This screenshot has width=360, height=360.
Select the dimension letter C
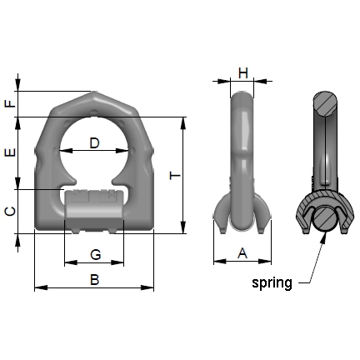click(9, 212)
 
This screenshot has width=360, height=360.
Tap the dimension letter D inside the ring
click(95, 143)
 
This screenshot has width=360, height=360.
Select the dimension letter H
click(242, 72)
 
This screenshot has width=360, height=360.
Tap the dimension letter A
click(242, 252)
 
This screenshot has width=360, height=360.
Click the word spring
click(272, 283)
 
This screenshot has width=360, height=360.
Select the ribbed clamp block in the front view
click(95, 203)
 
